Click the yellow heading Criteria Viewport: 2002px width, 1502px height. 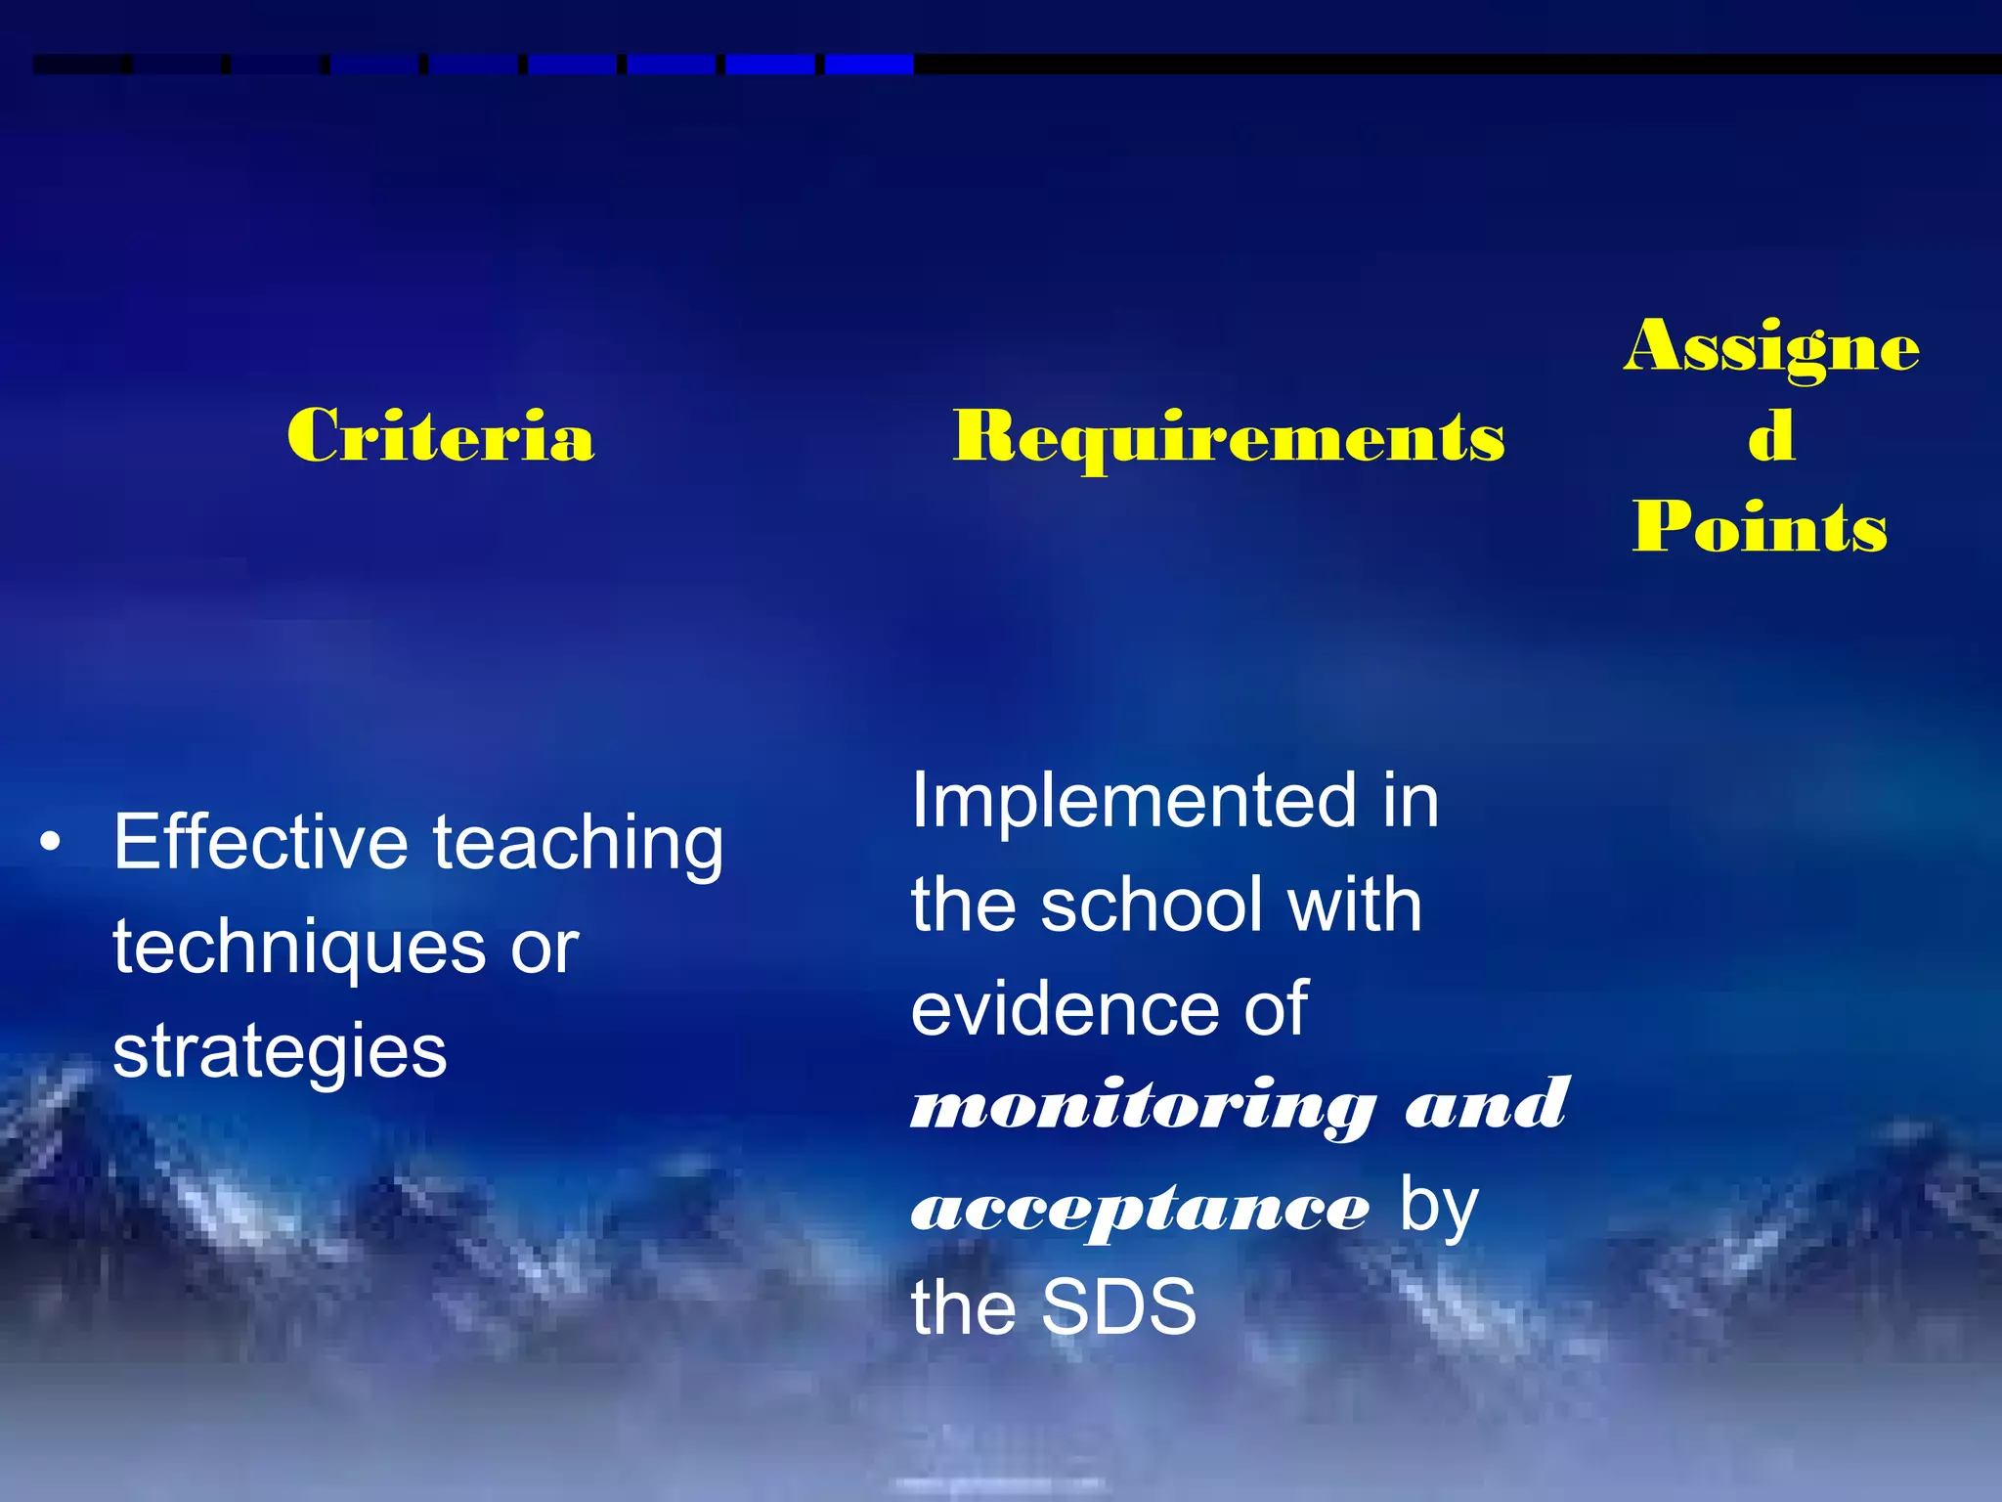(x=440, y=436)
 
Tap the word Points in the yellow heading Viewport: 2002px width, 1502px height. (x=1760, y=527)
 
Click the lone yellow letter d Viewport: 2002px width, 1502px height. (x=1770, y=436)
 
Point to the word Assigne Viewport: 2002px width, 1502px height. (x=1770, y=347)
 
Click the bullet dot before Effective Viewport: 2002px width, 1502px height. (x=51, y=842)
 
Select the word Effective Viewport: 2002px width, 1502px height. (x=260, y=842)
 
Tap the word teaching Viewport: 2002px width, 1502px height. (x=579, y=844)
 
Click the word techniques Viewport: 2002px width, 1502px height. (x=299, y=949)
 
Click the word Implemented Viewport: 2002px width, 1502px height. (x=1133, y=801)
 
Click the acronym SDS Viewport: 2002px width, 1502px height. (x=1118, y=1307)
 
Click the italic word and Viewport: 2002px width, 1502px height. (x=1486, y=1106)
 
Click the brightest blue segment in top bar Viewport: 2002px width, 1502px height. (x=868, y=65)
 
